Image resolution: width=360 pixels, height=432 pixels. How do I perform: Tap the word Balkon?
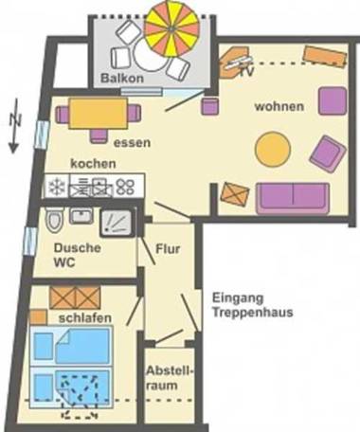click(x=122, y=79)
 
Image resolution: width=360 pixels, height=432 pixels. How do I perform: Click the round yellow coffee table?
click(x=272, y=148)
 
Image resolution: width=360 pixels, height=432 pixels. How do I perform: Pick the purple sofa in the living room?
click(x=292, y=196)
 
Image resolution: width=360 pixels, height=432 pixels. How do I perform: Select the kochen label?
click(x=93, y=163)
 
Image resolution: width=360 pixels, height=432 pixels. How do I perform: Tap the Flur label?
click(x=168, y=250)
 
